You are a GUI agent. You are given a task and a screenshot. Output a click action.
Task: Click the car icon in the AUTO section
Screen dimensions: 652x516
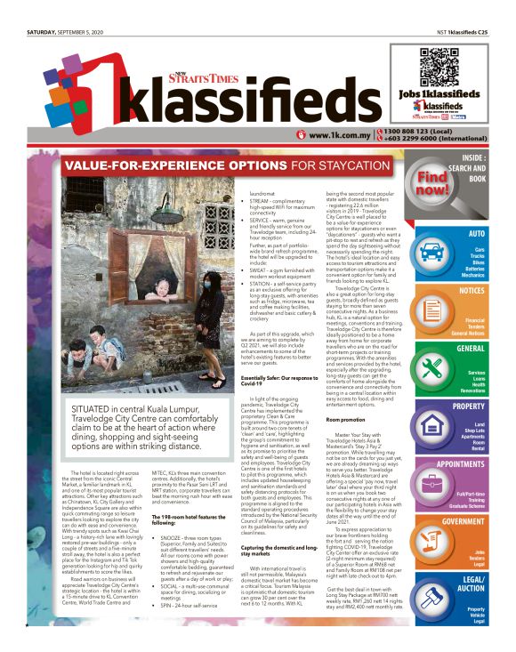click(x=431, y=252)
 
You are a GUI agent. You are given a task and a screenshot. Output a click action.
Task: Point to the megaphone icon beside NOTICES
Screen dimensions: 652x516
click(x=431, y=308)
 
